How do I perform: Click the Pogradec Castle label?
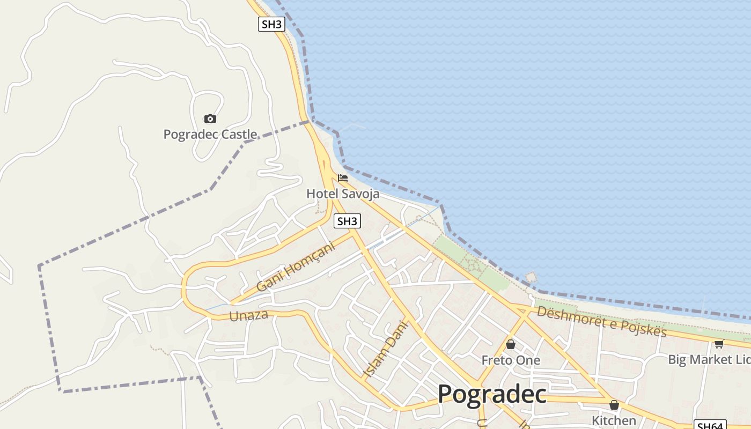pyautogui.click(x=210, y=134)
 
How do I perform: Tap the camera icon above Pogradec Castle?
pyautogui.click(x=210, y=119)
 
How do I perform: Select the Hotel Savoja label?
pyautogui.click(x=343, y=194)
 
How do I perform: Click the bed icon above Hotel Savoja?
pyautogui.click(x=343, y=178)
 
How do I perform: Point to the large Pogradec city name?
pyautogui.click(x=492, y=394)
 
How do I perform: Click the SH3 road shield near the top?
pyautogui.click(x=271, y=24)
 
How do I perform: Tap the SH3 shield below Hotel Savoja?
pyautogui.click(x=347, y=221)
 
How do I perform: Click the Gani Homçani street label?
pyautogui.click(x=295, y=267)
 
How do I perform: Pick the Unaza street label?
pyautogui.click(x=248, y=315)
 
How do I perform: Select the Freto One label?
pyautogui.click(x=511, y=360)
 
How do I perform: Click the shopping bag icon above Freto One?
pyautogui.click(x=511, y=344)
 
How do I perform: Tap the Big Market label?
pyautogui.click(x=708, y=359)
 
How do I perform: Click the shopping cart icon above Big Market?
pyautogui.click(x=719, y=344)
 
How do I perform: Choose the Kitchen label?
pyautogui.click(x=614, y=420)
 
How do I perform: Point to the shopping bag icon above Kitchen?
pyautogui.click(x=614, y=405)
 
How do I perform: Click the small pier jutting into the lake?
pyautogui.click(x=531, y=277)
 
